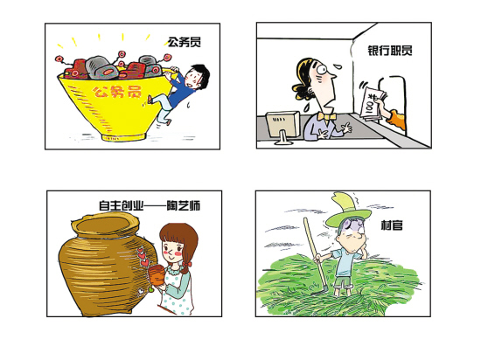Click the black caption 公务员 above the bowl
(x=185, y=42)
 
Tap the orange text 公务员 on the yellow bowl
(x=117, y=92)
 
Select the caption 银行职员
(x=390, y=51)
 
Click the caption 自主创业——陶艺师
(x=150, y=205)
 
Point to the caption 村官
(x=392, y=225)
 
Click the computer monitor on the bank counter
(x=282, y=127)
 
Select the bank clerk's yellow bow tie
(x=326, y=117)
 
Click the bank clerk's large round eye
(x=323, y=69)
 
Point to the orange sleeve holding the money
(x=397, y=120)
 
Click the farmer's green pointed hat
(x=348, y=211)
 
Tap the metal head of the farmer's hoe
(x=321, y=291)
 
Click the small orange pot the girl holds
(x=157, y=275)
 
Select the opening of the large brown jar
(x=104, y=225)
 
